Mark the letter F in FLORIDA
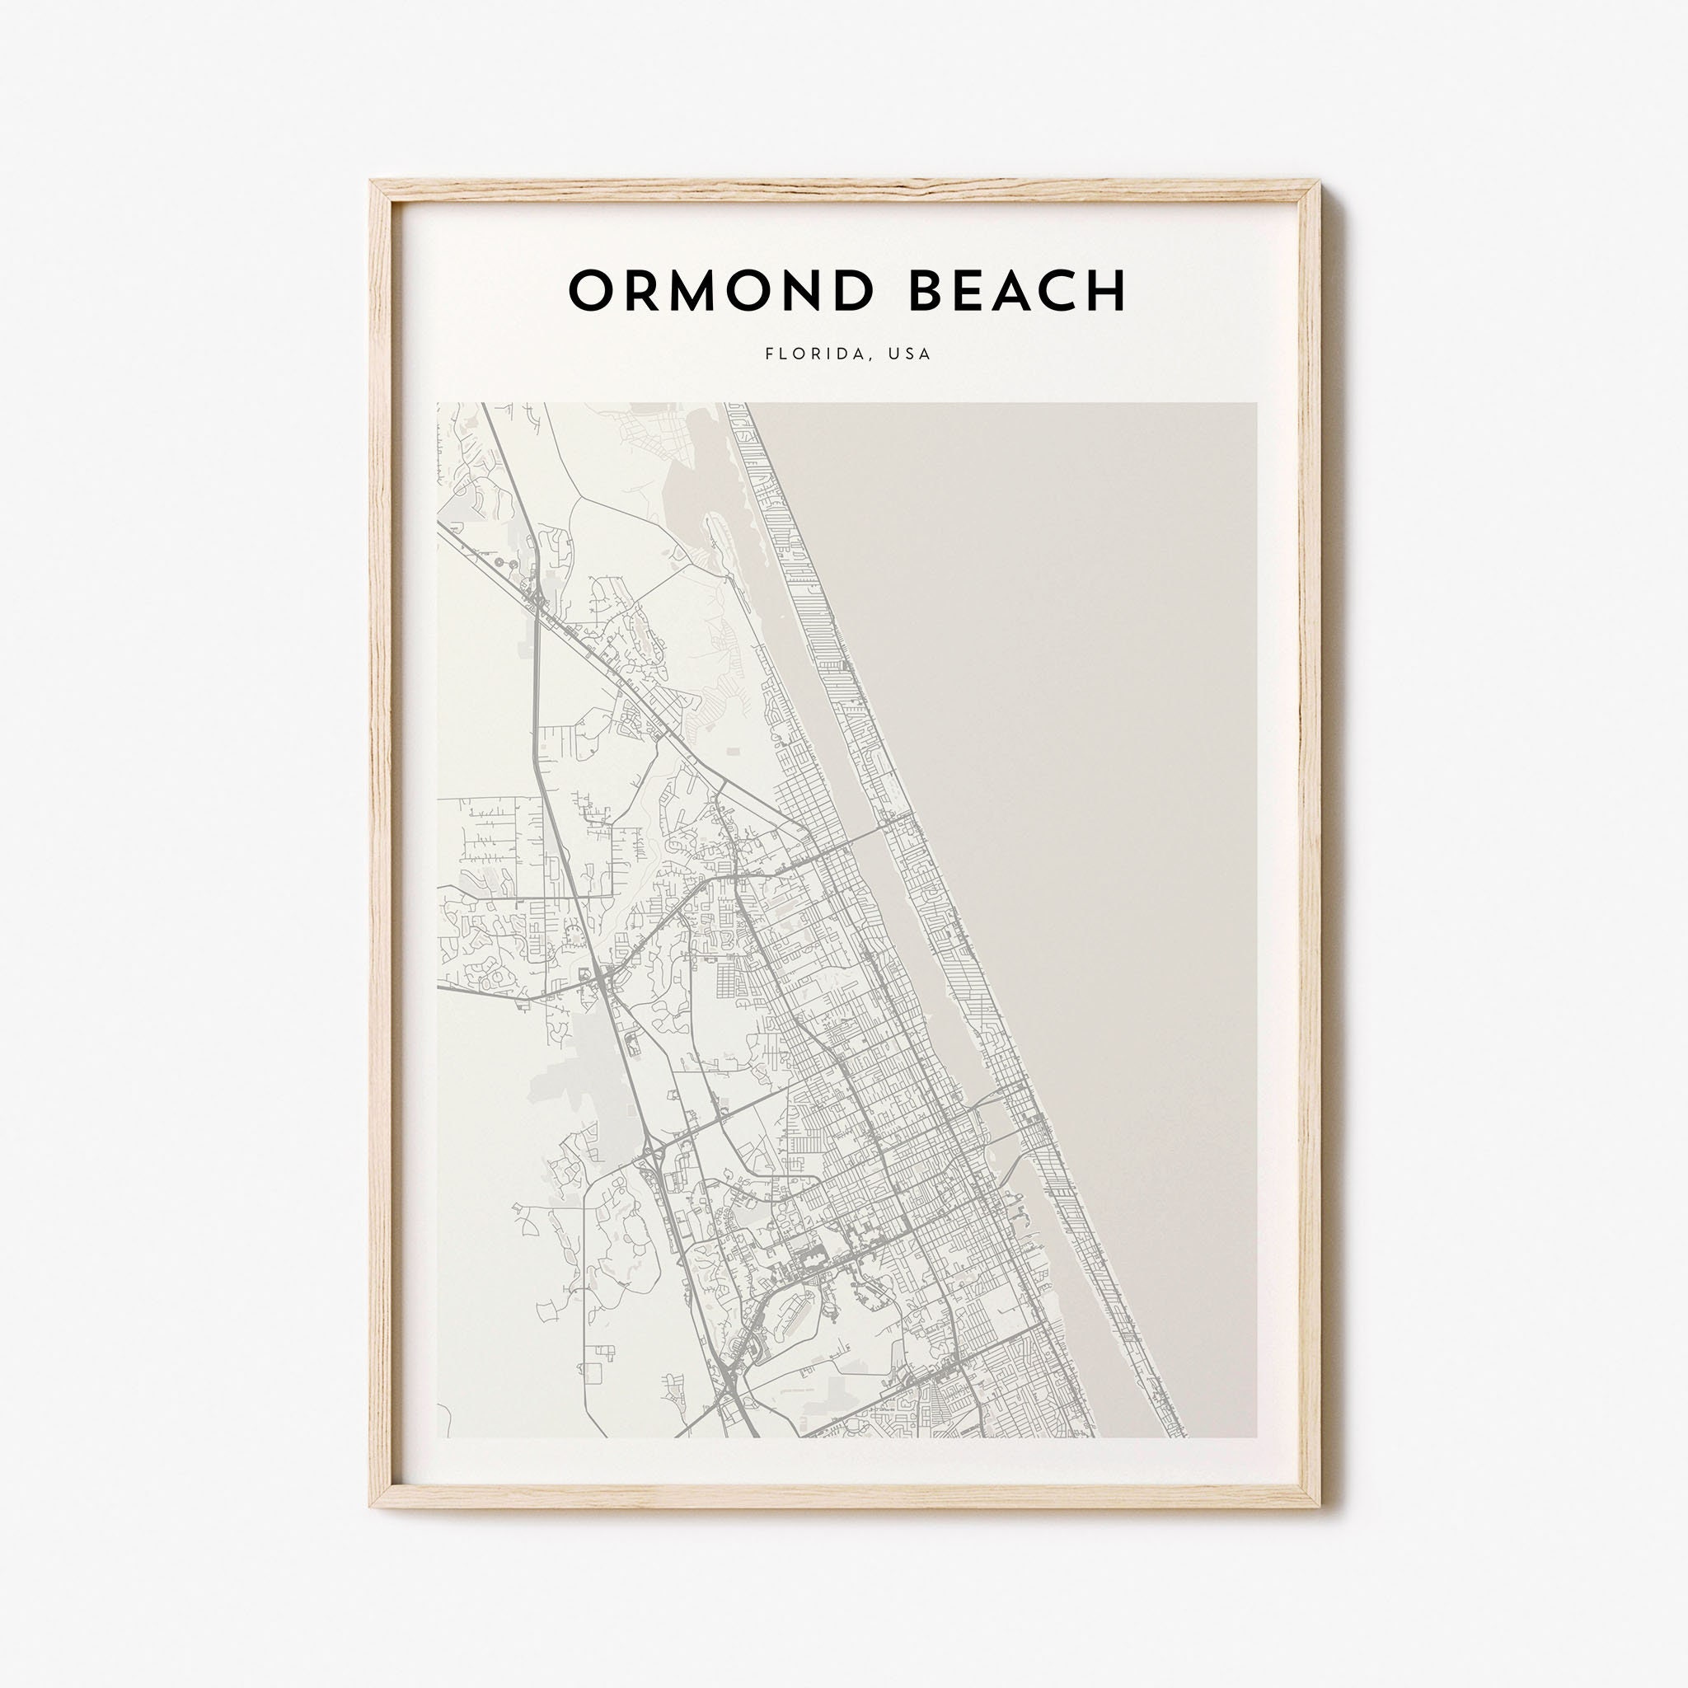(x=770, y=354)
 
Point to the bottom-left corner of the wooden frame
(x=373, y=1505)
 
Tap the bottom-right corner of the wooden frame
(x=1316, y=1505)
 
